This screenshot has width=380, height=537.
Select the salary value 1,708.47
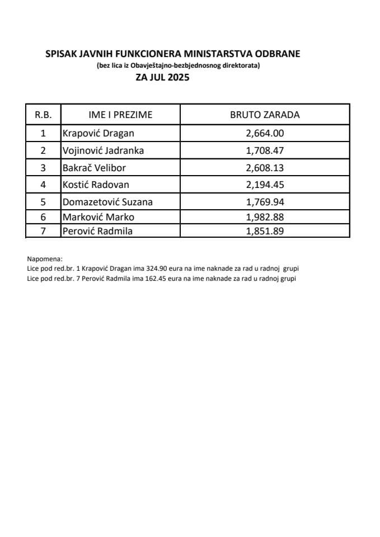(x=265, y=150)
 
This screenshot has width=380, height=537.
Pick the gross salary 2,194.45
(x=265, y=184)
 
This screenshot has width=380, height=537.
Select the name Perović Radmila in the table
(x=97, y=230)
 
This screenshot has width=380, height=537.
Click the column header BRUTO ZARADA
(x=265, y=115)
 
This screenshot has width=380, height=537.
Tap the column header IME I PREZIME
(x=120, y=115)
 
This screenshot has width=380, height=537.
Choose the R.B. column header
(x=43, y=115)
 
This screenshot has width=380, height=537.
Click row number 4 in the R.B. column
(x=43, y=184)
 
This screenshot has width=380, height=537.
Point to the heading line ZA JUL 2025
(x=162, y=78)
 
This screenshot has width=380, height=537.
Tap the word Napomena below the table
(x=45, y=260)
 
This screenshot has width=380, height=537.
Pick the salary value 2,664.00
(x=265, y=133)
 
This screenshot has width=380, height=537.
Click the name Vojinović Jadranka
(x=103, y=150)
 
